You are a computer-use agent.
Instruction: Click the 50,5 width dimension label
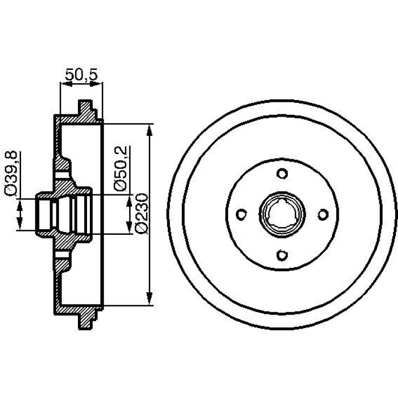point(81,75)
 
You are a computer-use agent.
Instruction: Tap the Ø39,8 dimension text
point(11,173)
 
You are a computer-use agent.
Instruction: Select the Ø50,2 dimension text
point(121,169)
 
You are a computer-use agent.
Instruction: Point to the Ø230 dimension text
point(142,213)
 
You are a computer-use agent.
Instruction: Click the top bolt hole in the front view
point(282,174)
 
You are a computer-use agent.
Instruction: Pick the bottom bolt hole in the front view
point(282,255)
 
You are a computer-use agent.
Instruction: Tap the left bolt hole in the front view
point(241,214)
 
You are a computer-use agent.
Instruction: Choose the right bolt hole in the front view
point(323,214)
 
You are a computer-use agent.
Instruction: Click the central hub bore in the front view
point(282,214)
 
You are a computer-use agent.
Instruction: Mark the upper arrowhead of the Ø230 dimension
point(150,130)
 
